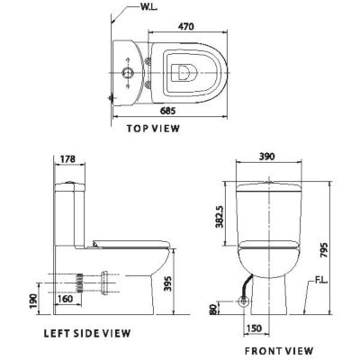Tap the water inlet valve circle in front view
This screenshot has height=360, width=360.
click(x=244, y=303)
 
